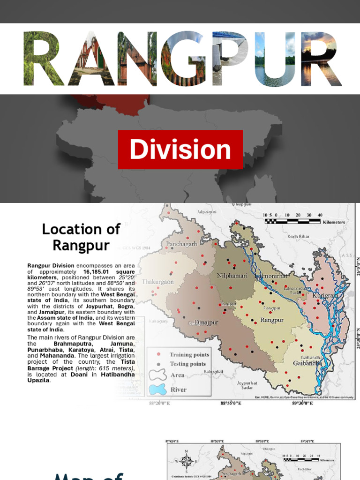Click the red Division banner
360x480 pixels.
point(180,150)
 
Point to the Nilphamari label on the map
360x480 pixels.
point(232,276)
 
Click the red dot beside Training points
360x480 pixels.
point(159,354)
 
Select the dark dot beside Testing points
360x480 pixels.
point(159,364)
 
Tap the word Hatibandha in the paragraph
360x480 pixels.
point(118,374)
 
